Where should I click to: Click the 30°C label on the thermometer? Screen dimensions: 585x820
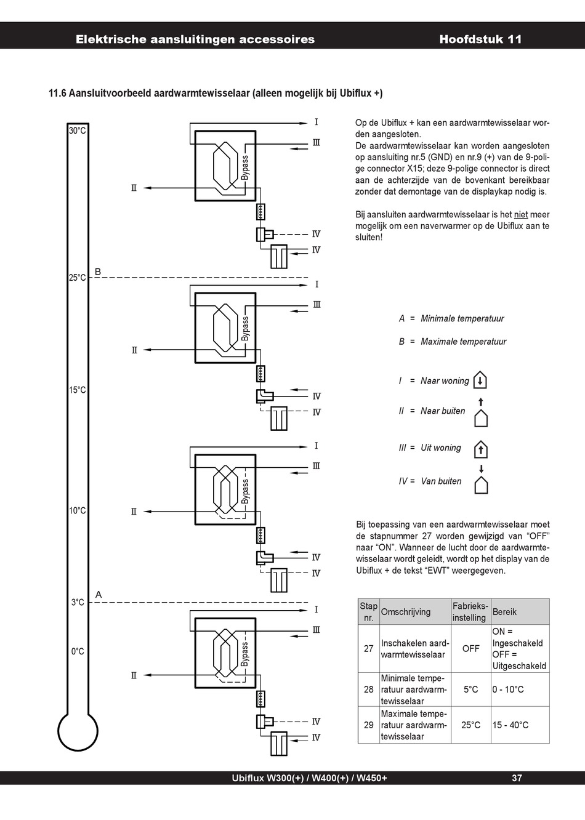point(78,131)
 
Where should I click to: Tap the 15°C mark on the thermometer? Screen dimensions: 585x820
point(78,390)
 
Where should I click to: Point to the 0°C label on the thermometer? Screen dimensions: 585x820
point(78,651)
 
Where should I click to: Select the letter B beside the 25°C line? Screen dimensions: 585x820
point(98,271)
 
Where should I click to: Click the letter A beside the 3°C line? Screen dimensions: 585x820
point(99,595)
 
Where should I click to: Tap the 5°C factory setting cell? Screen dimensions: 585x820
point(471,689)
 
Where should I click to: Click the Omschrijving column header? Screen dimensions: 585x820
point(406,612)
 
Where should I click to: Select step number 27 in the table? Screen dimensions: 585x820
point(369,649)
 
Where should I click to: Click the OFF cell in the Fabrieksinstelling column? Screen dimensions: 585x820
point(471,649)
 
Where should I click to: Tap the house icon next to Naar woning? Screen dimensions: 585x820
point(480,380)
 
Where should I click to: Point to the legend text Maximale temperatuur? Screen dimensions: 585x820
point(464,342)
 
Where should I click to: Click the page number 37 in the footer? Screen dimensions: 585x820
point(517,778)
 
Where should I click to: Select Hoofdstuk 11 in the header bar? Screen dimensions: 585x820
point(480,39)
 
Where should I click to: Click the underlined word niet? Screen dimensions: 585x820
point(521,214)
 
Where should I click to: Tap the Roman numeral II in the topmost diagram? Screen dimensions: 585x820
point(134,188)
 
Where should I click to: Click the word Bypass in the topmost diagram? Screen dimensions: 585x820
point(245,167)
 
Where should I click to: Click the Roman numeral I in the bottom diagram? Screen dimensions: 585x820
point(316,609)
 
